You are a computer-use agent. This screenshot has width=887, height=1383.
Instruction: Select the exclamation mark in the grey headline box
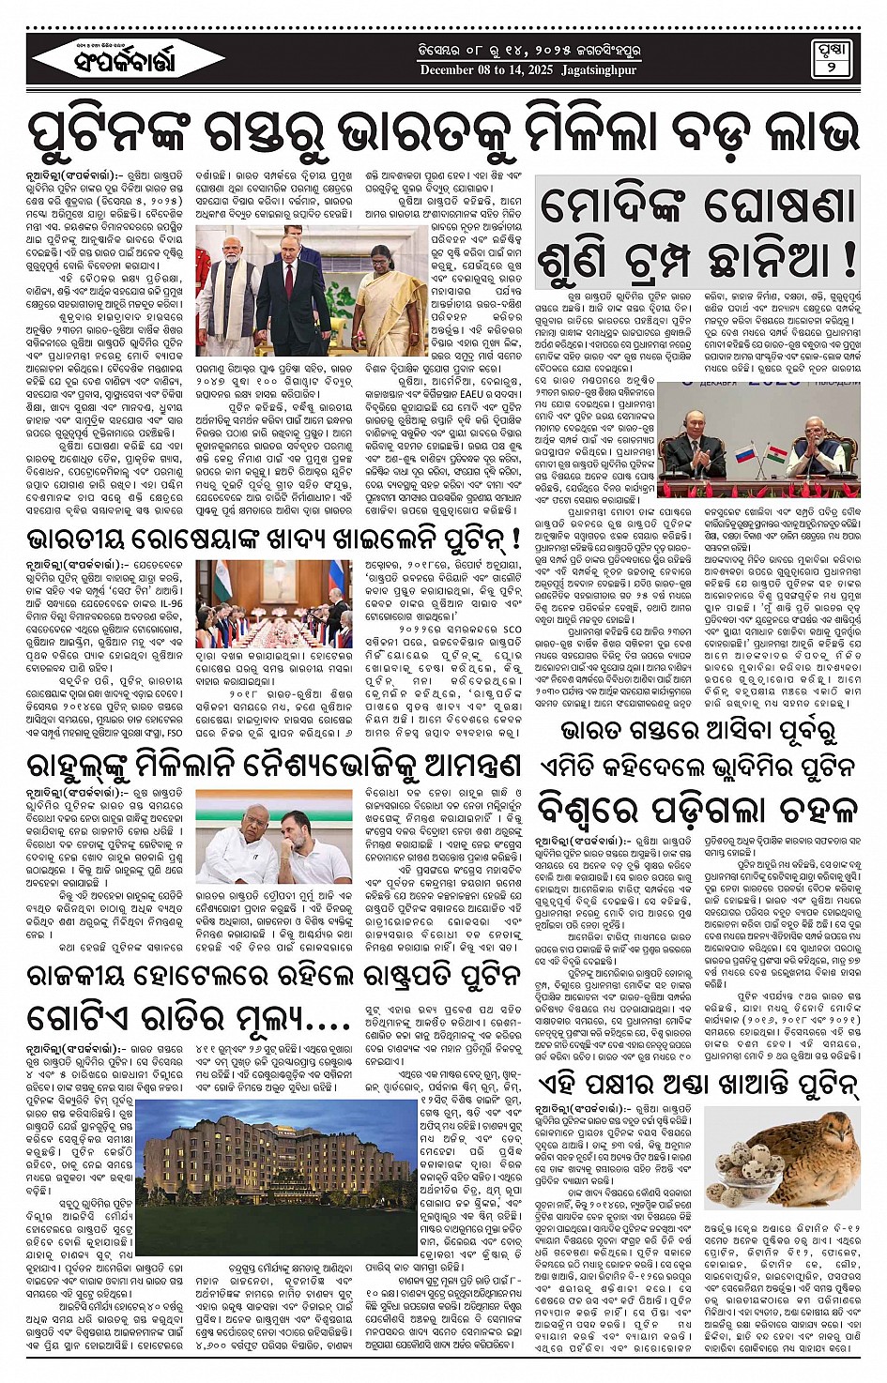(x=848, y=255)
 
